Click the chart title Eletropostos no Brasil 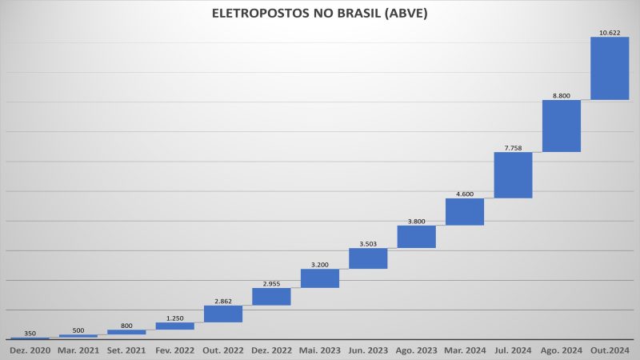coord(320,14)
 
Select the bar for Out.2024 coord(610,68)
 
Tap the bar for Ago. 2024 coord(561,126)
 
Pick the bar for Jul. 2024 coord(513,174)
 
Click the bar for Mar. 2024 coord(465,212)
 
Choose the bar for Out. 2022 coord(223,314)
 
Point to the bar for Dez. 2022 coord(271,296)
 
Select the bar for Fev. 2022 coord(174,326)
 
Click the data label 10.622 coord(610,33)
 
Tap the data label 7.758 coord(513,147)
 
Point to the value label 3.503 coord(368,243)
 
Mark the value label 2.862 coord(223,301)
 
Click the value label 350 coord(30,333)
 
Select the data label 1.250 coord(174,318)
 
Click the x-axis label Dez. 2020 coord(30,350)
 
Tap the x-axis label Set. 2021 coord(126,350)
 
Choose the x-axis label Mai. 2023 coord(320,350)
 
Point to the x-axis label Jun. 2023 coord(368,350)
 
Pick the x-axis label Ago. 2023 coord(416,350)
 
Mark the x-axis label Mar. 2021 coord(78,350)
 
